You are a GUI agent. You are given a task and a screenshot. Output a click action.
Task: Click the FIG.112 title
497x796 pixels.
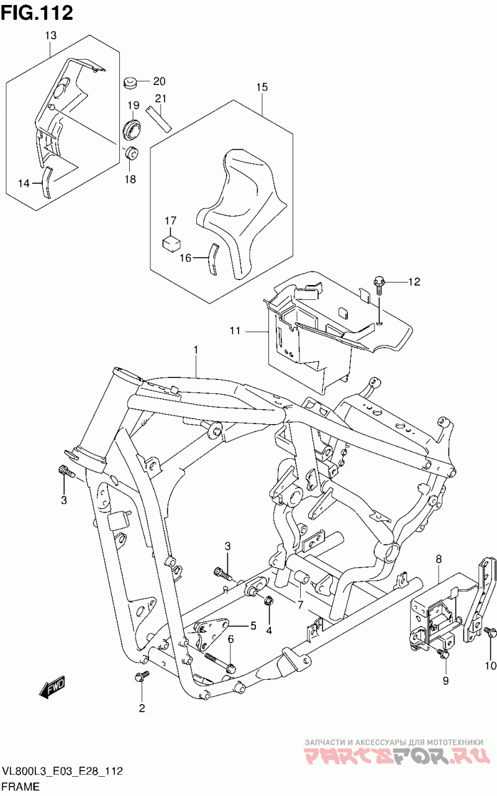click(x=37, y=13)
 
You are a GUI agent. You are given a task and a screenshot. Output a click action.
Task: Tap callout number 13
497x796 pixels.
click(x=51, y=35)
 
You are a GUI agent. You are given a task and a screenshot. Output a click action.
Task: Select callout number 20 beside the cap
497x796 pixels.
click(x=159, y=81)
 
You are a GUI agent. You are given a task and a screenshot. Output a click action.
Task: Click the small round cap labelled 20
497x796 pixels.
click(x=130, y=83)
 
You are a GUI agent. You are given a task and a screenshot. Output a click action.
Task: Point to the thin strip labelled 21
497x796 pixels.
click(x=159, y=119)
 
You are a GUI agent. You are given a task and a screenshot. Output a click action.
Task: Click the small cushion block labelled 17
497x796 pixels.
click(x=171, y=245)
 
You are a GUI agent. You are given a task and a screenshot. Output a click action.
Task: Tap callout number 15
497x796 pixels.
click(x=262, y=87)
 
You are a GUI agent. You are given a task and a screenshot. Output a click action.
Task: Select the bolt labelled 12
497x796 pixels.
click(x=378, y=287)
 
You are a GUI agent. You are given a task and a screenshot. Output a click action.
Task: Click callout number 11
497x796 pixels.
click(x=235, y=331)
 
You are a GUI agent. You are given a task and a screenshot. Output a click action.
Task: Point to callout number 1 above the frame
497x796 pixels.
click(x=196, y=350)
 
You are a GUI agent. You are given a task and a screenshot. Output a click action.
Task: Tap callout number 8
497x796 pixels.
click(x=439, y=559)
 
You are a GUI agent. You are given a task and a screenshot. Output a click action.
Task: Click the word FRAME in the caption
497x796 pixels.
click(x=21, y=787)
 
